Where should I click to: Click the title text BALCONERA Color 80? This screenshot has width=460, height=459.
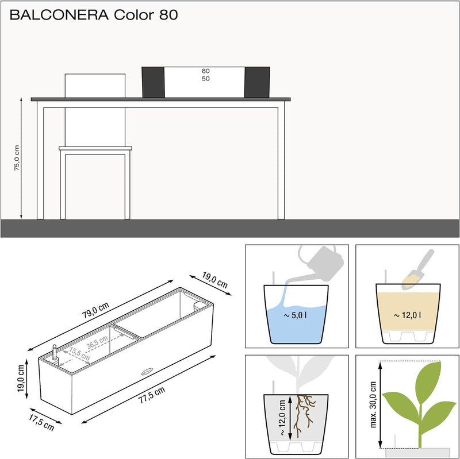pyautogui.click(x=94, y=15)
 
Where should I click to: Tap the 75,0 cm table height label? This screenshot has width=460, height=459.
pyautogui.click(x=17, y=157)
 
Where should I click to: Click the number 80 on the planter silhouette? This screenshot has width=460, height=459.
pyautogui.click(x=206, y=71)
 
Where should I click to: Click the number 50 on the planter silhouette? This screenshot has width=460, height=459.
pyautogui.click(x=206, y=79)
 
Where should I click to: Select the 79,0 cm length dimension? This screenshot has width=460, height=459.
pyautogui.click(x=95, y=310)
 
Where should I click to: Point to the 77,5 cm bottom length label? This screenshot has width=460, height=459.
pyautogui.click(x=152, y=395)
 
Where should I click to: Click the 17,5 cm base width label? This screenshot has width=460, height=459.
pyautogui.click(x=41, y=422)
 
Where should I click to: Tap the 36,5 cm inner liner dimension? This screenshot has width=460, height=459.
pyautogui.click(x=97, y=342)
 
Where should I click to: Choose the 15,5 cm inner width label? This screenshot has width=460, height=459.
pyautogui.click(x=79, y=354)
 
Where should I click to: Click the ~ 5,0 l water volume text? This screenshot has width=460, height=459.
pyautogui.click(x=296, y=315)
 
